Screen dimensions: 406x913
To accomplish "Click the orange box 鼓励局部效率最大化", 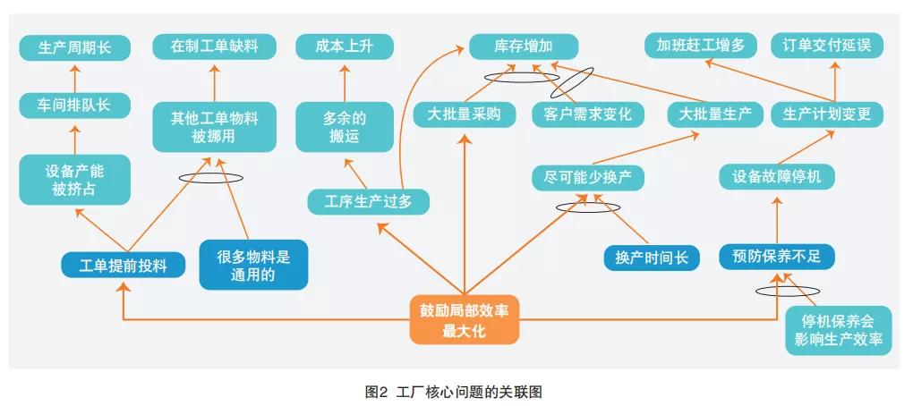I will [x=465, y=319].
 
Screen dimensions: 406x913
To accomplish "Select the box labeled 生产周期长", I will [x=75, y=47].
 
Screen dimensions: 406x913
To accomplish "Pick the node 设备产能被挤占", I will [x=75, y=180].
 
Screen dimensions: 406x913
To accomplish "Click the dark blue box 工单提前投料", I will [x=123, y=265].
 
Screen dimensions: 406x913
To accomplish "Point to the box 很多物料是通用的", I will [x=254, y=265].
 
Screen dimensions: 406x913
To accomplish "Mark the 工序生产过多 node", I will [x=368, y=202].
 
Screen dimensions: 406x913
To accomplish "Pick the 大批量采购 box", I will [x=465, y=114].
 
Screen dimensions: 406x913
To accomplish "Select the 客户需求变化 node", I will [x=587, y=114].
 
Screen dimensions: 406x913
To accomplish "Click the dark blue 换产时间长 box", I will [x=651, y=258].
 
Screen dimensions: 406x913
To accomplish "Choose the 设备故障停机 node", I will [x=777, y=176].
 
